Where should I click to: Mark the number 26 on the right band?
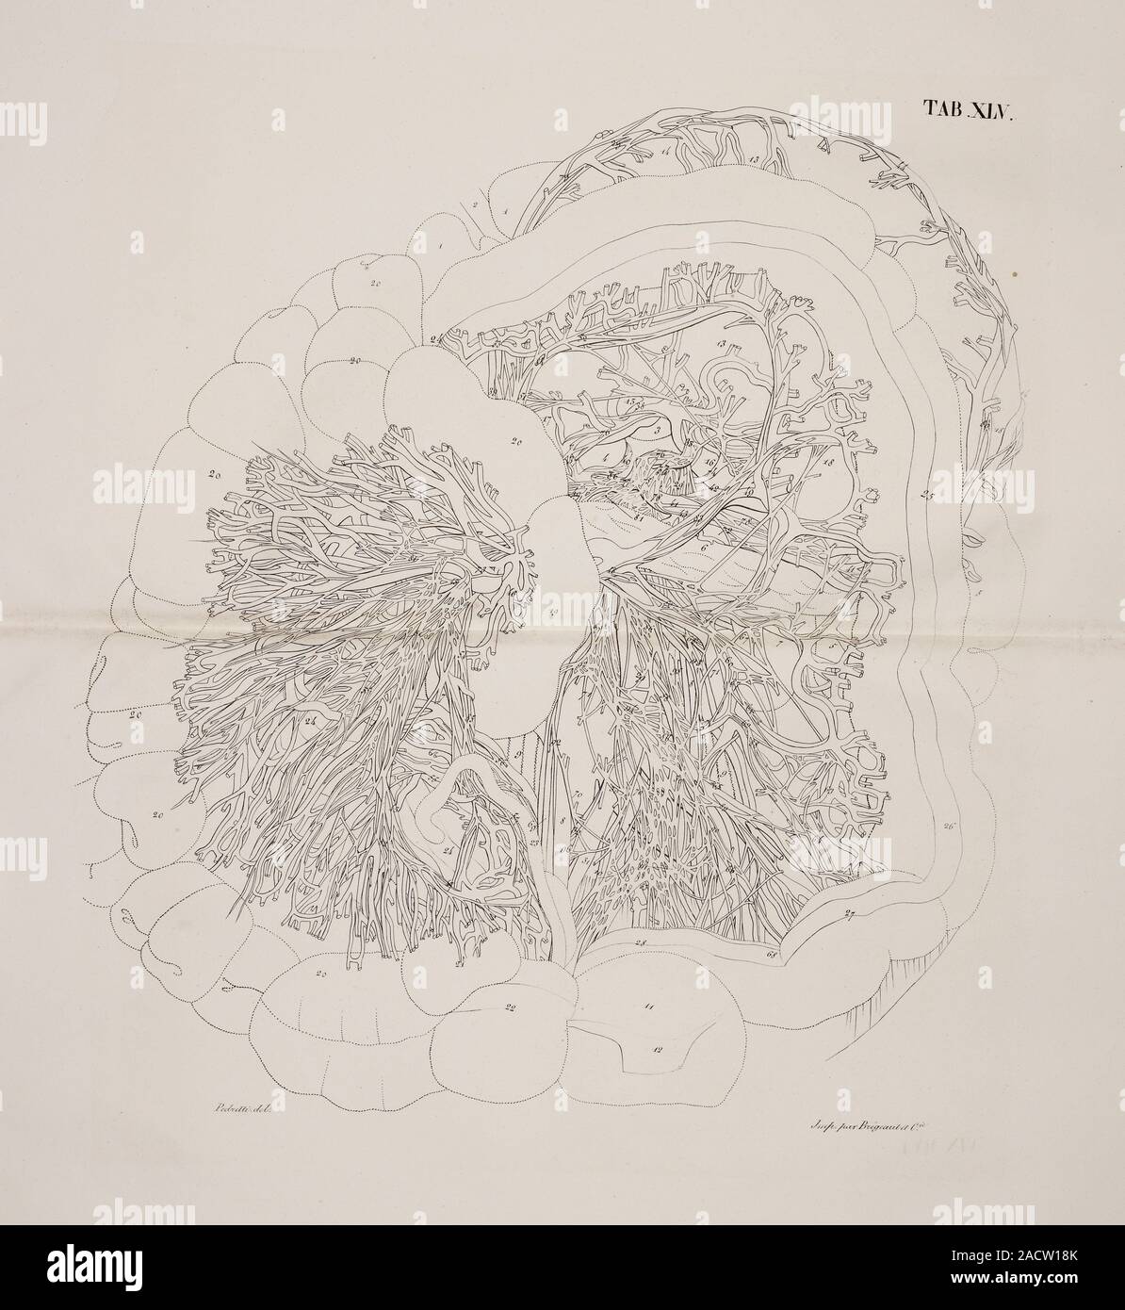click(x=948, y=827)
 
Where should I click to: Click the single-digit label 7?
click(x=778, y=644)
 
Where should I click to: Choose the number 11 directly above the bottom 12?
click(x=649, y=1007)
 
